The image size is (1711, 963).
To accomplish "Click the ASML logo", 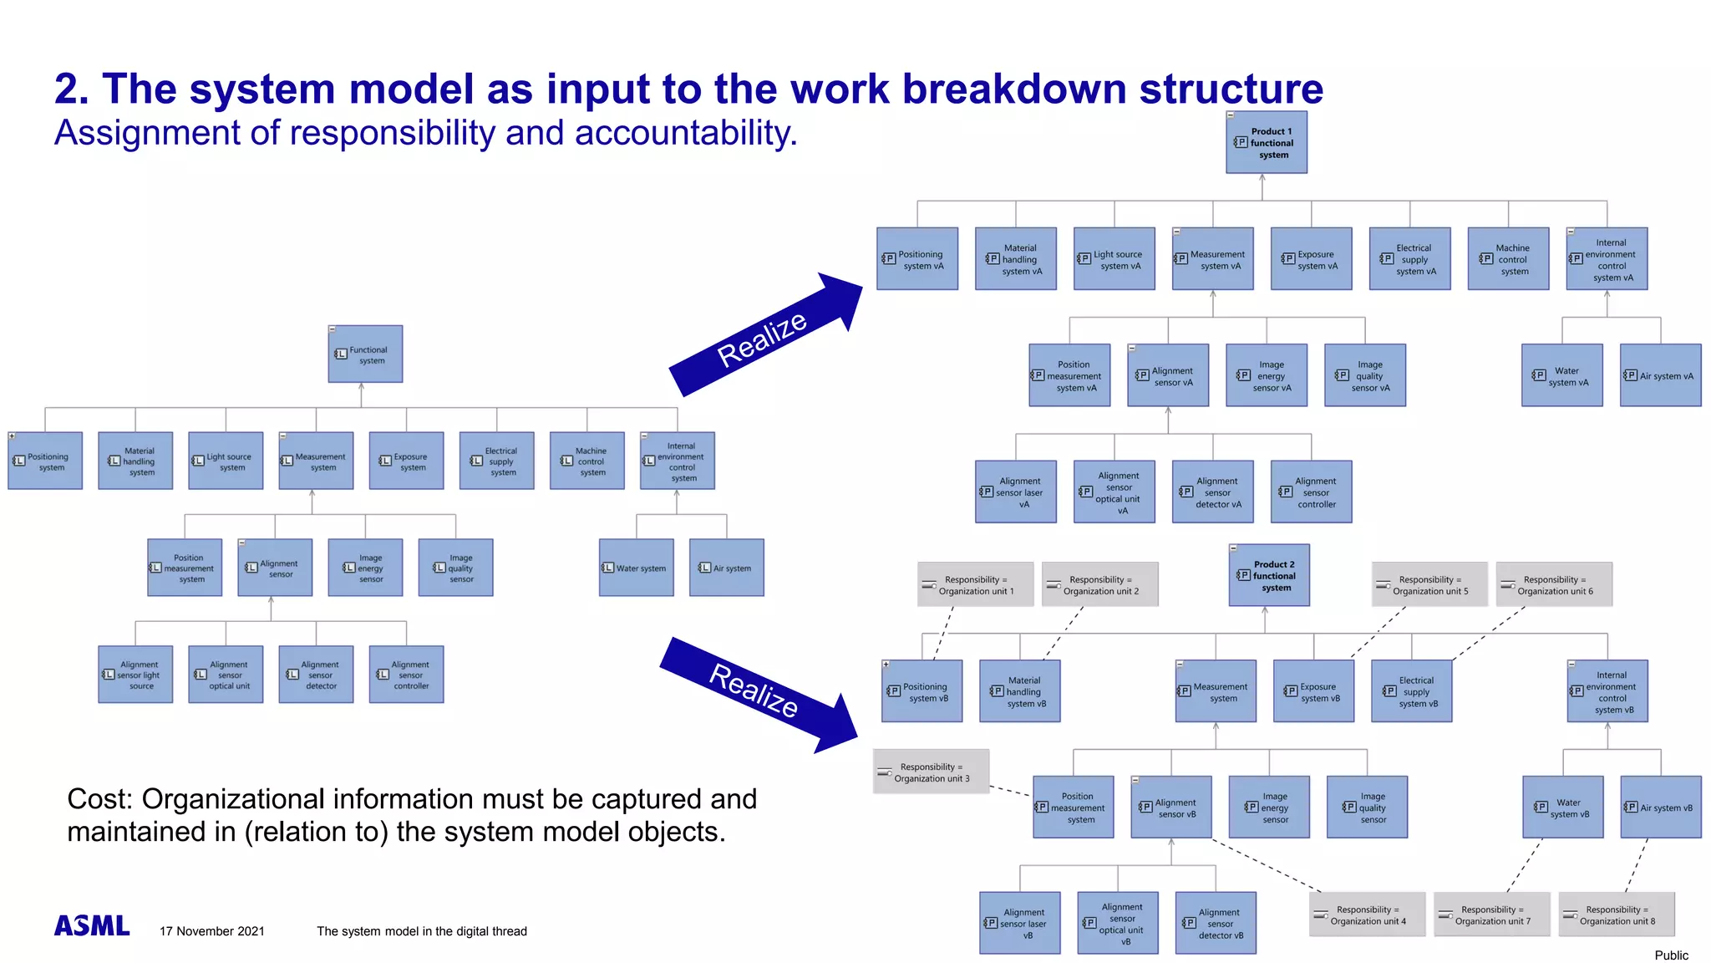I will pos(92,925).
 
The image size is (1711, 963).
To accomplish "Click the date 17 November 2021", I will pos(212,931).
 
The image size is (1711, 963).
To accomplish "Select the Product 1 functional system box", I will pos(1266,143).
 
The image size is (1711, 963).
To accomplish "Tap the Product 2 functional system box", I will pos(1269,576).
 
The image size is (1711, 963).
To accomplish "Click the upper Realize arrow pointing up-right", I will pos(765,335).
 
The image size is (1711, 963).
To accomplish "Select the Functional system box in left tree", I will pos(365,354).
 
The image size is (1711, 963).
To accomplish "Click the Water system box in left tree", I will pos(636,568).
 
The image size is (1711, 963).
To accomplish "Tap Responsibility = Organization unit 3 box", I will pos(932,772).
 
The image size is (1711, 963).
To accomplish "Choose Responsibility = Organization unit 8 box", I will pos(1617,915).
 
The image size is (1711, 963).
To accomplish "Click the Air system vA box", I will pos(1660,376).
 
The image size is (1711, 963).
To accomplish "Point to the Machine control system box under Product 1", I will pos(1508,259).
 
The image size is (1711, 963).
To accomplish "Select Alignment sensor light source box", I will pos(135,675).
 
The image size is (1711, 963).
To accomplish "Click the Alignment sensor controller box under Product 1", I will pos(1311,492).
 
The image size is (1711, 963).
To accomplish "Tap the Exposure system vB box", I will pos(1313,692).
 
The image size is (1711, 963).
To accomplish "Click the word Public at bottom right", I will pos(1671,955).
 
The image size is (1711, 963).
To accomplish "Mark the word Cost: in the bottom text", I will pos(99,799).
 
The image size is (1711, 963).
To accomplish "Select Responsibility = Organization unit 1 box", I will pos(975,585).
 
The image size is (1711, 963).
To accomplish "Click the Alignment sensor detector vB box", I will pos(1215,924).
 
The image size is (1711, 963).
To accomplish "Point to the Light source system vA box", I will pos(1114,259).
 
